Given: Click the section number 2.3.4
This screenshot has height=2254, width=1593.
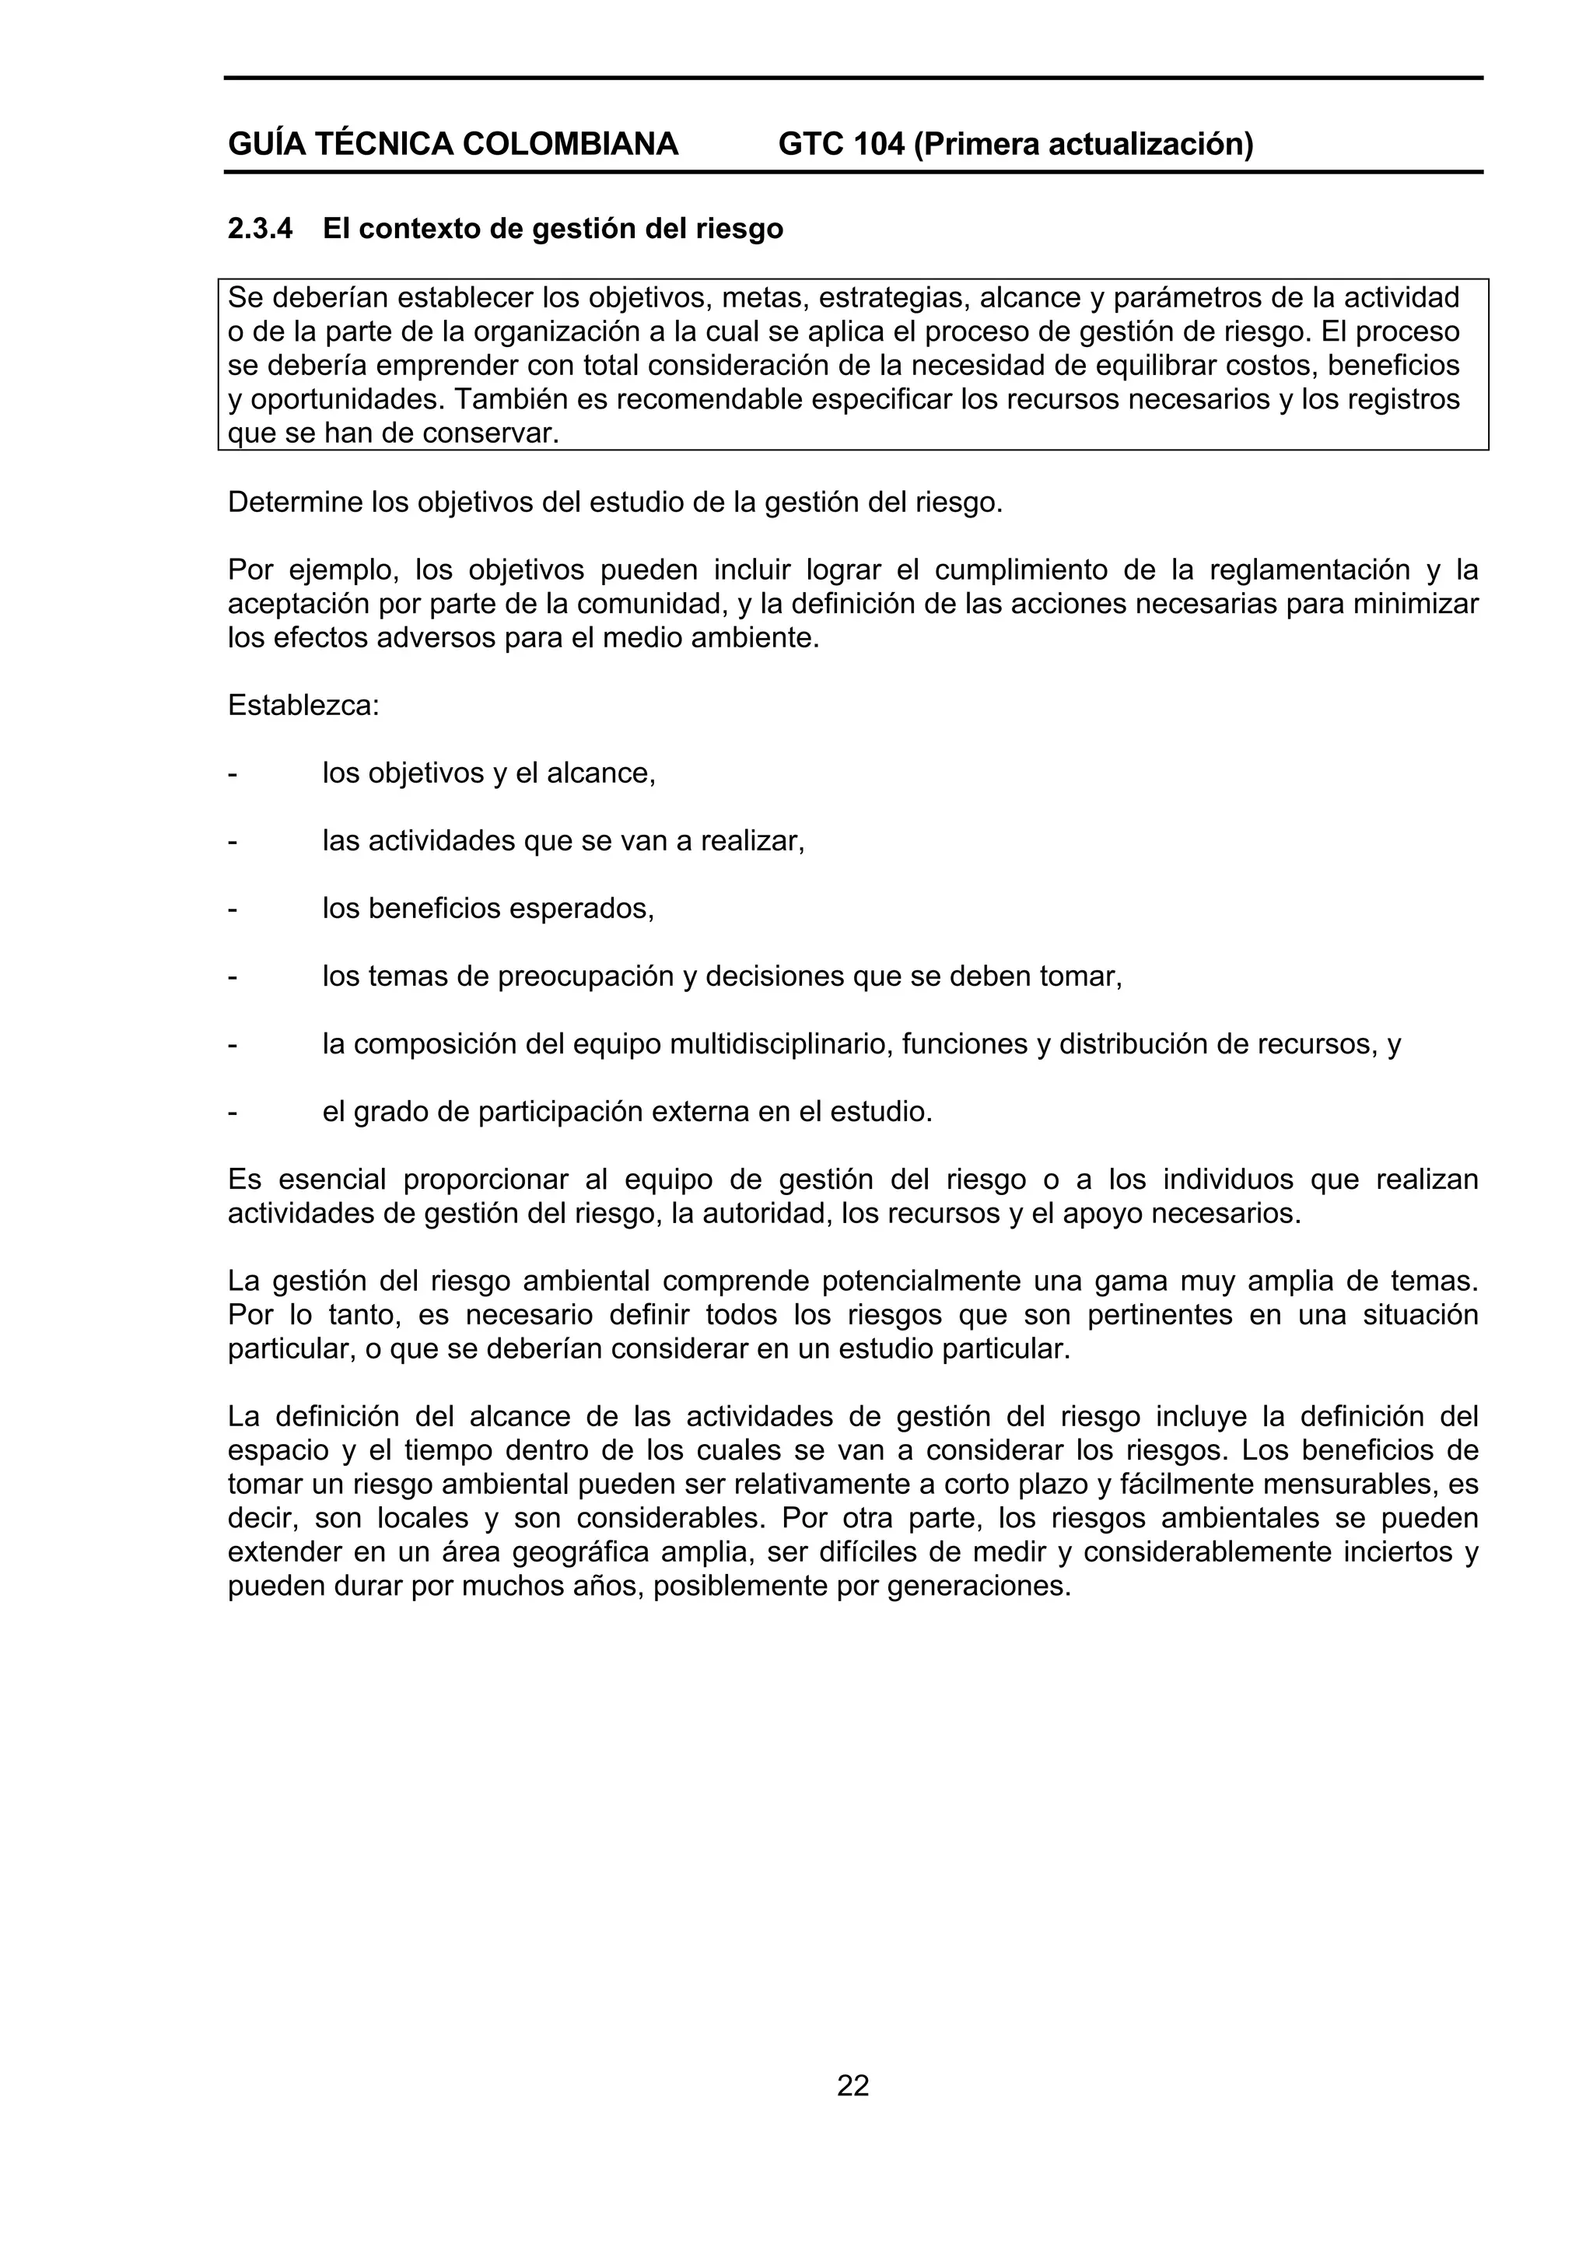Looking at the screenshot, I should point(260,230).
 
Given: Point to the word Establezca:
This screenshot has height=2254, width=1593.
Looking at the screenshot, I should point(303,705).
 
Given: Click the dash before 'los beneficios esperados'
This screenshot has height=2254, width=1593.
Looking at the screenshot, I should point(233,909).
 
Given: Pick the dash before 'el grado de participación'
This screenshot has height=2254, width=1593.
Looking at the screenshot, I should point(233,1113).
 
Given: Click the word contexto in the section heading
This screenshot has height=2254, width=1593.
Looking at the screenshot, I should point(415,230).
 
